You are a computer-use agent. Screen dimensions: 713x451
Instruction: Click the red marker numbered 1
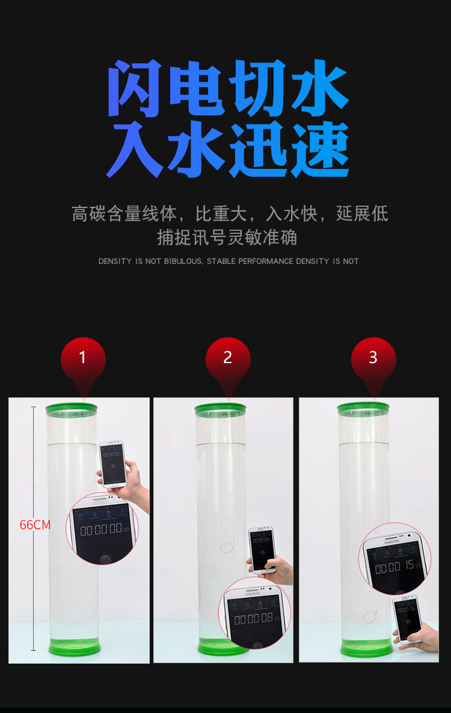click(83, 360)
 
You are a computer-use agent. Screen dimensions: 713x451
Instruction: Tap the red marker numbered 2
click(228, 360)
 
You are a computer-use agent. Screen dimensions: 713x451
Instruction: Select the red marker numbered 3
click(373, 360)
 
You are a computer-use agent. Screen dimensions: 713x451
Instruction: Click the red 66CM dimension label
click(35, 525)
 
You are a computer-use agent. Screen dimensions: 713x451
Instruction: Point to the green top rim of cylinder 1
click(71, 409)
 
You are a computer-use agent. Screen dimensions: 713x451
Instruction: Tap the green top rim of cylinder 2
click(220, 409)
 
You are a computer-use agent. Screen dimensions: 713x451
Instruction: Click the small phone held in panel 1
click(112, 463)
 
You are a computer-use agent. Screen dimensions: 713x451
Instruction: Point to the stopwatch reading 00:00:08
click(253, 619)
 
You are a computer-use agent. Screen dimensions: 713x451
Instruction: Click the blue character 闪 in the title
click(136, 88)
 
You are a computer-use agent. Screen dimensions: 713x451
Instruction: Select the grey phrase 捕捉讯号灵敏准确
click(227, 237)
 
